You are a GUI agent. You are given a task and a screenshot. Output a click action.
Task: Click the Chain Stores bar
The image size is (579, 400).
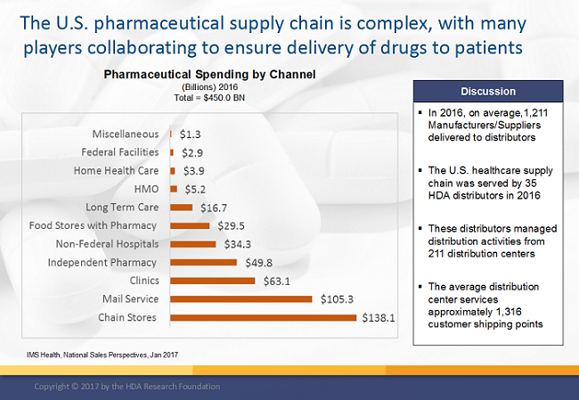point(263,317)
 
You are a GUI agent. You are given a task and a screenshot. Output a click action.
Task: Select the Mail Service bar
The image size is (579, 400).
point(241,298)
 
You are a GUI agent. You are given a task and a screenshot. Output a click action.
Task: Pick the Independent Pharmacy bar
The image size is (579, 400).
point(203,262)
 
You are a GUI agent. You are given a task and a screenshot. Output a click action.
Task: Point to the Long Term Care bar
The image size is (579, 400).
point(181,207)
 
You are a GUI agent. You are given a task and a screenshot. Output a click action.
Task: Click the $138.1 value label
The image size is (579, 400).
point(377,317)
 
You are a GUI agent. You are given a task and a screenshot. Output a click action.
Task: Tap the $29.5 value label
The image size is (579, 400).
point(228,225)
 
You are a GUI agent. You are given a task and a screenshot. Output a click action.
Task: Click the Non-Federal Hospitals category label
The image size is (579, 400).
point(107,243)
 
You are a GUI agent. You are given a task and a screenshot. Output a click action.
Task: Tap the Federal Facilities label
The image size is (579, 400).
point(119,151)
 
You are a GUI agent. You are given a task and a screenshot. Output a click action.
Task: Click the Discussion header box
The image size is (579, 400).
point(487,91)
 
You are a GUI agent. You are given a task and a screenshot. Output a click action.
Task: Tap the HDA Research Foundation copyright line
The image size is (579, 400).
point(126,387)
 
